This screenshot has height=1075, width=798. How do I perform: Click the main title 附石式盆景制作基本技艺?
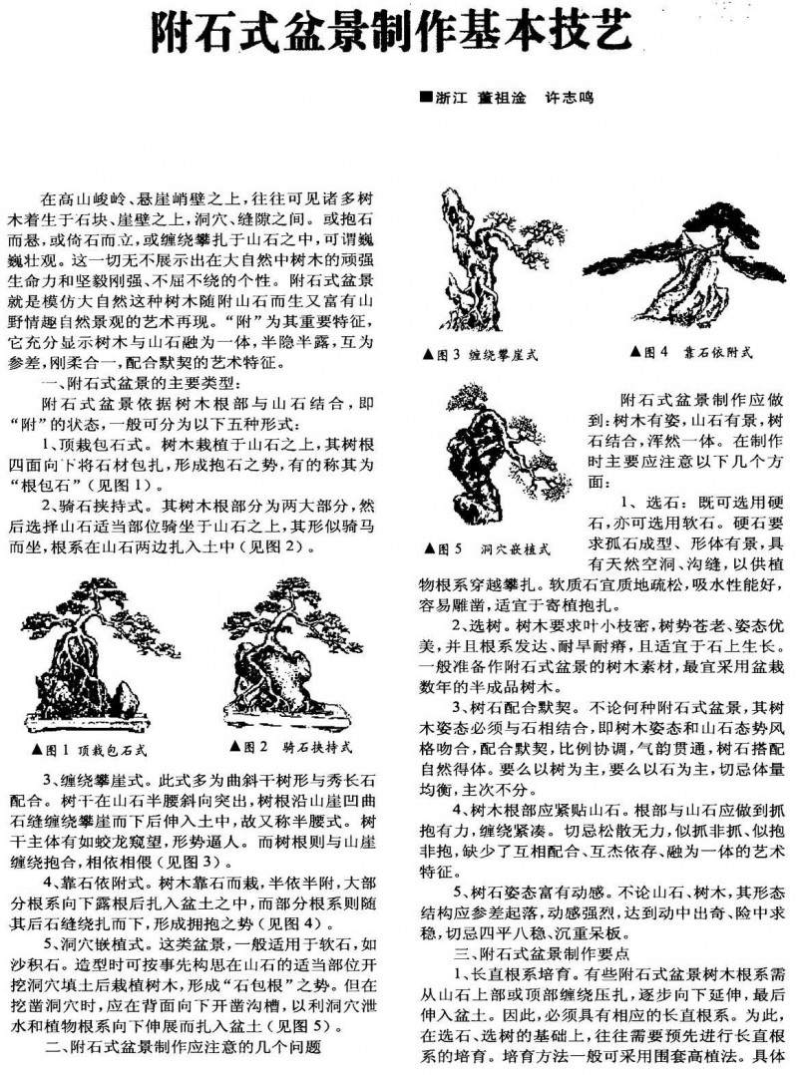(x=391, y=34)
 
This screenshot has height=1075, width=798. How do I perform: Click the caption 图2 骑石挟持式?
(x=282, y=747)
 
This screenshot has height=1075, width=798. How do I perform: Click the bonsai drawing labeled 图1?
(x=88, y=653)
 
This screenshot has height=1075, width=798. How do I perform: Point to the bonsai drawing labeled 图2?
(x=278, y=653)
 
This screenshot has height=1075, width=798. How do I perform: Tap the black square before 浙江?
(x=426, y=98)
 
